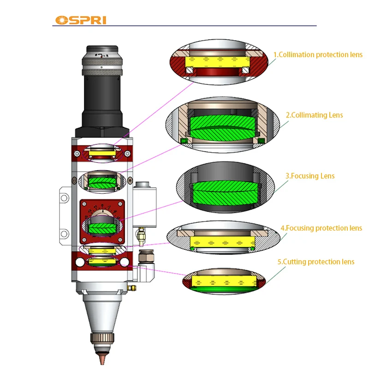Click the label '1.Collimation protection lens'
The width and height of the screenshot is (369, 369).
point(318,55)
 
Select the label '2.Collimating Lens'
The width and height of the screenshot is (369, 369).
point(314,115)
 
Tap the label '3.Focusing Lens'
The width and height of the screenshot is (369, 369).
point(310,176)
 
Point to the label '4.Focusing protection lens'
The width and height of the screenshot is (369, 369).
point(321,228)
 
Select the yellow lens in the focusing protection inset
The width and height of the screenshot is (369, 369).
point(223,242)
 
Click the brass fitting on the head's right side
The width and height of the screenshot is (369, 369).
point(140,237)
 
